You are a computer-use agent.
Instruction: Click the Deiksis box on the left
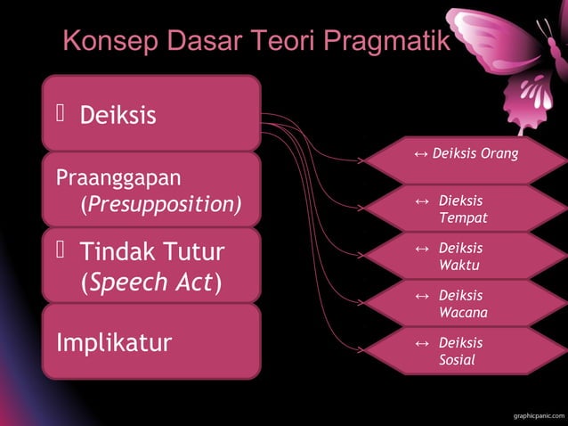click(150, 113)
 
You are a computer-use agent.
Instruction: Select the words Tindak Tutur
click(151, 252)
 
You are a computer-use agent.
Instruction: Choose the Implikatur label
click(114, 342)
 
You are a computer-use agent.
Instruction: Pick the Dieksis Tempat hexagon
click(467, 209)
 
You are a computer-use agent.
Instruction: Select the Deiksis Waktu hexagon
click(467, 256)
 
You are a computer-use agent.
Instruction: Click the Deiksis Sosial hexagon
click(467, 351)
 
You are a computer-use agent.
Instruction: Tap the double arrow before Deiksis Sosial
click(422, 343)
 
